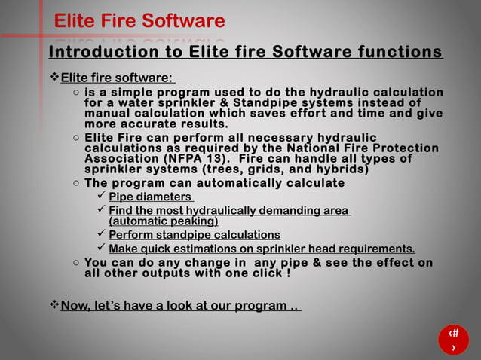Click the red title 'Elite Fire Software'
pos(139,21)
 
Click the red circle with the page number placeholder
pos(453,340)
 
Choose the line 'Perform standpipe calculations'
pos(195,235)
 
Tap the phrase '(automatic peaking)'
pos(164,221)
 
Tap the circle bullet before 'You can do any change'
pos(76,263)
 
